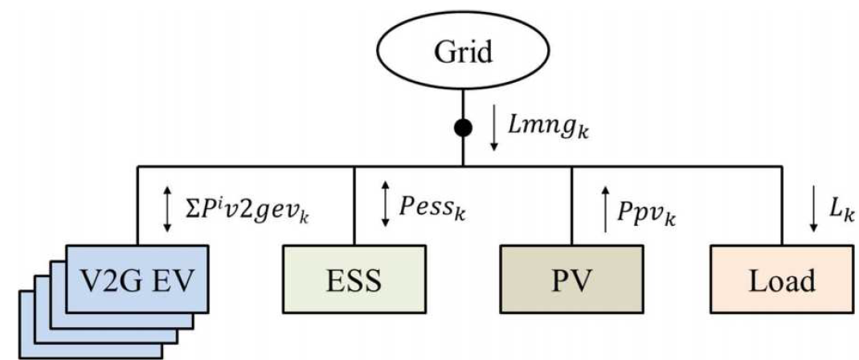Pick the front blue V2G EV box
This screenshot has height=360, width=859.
[x=137, y=278]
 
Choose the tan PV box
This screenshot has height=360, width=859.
[x=571, y=279]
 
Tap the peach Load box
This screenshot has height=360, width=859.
[x=781, y=279]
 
